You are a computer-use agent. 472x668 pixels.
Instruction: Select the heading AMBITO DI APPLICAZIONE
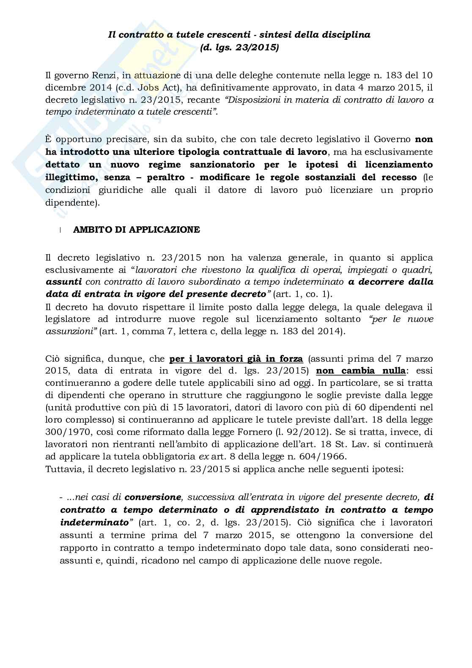point(137,230)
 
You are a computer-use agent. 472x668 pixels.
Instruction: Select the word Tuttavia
point(63,468)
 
